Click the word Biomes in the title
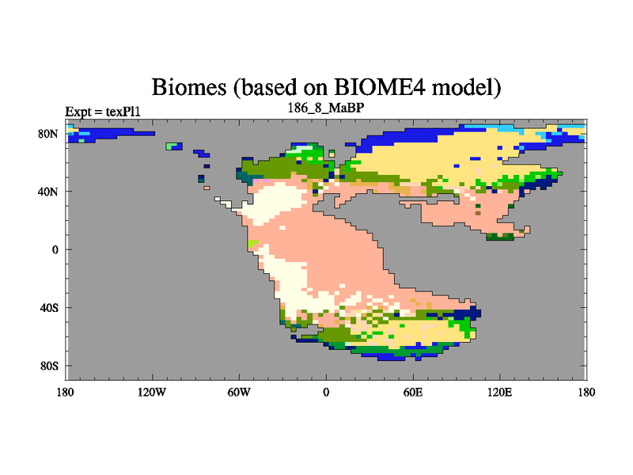(188, 87)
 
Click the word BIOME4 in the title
(379, 87)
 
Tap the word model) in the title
(466, 88)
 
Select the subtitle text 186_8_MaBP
(325, 108)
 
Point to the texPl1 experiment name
(123, 112)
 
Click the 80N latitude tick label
(48, 134)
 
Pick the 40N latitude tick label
(48, 192)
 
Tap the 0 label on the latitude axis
(55, 249)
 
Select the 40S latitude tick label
(49, 308)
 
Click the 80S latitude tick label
(49, 366)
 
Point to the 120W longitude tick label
(152, 392)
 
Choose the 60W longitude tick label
(239, 392)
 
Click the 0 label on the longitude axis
(326, 392)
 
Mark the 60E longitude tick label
(413, 392)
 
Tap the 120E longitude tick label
(500, 392)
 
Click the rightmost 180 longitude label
(586, 392)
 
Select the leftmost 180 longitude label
(66, 392)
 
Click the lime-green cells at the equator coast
(252, 244)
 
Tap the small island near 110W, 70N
(174, 146)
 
